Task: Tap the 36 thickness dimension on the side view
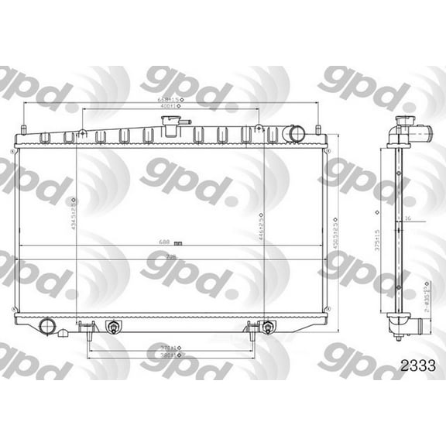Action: [x=407, y=219]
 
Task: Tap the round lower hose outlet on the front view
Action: [x=46, y=324]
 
